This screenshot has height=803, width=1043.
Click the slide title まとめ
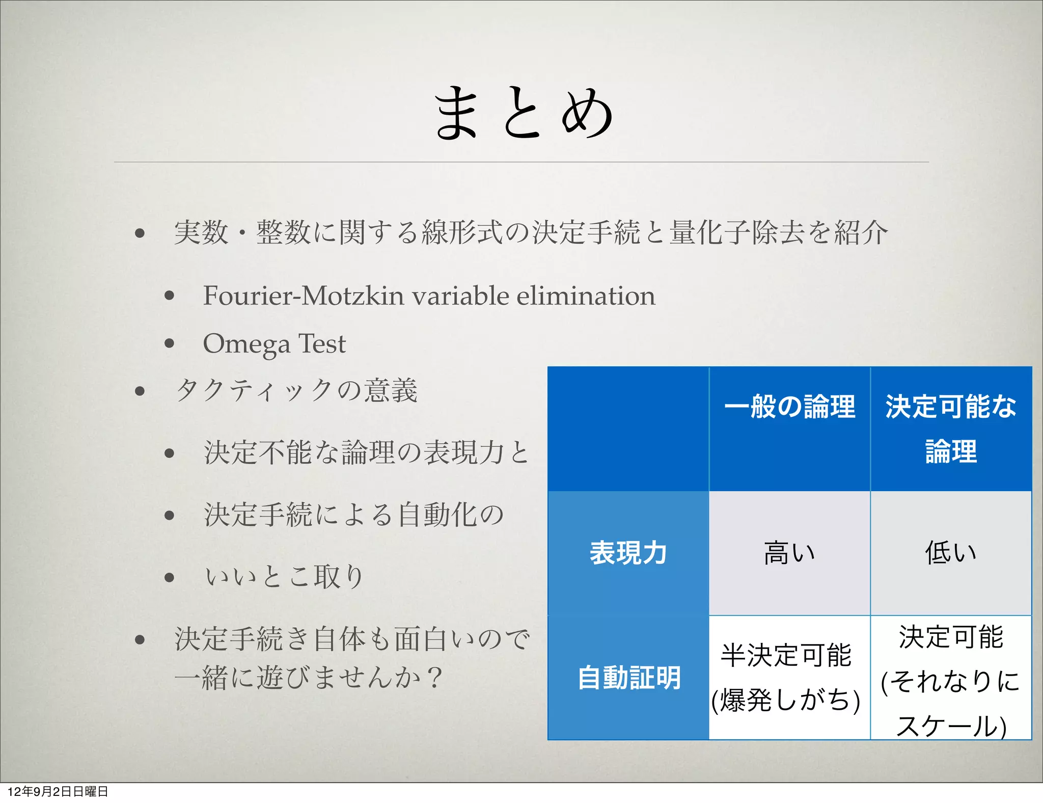(x=524, y=113)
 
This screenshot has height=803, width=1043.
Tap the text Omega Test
(x=274, y=344)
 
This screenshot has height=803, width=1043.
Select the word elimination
(x=586, y=296)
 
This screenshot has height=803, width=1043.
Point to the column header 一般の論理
(x=789, y=407)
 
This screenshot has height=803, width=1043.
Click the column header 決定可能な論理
(x=951, y=429)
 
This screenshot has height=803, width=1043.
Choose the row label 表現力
(x=628, y=553)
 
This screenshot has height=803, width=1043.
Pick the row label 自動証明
(x=629, y=678)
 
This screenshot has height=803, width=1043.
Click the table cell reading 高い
(x=789, y=553)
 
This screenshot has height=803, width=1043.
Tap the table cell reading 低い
(x=951, y=553)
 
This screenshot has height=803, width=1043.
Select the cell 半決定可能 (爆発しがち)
(x=786, y=678)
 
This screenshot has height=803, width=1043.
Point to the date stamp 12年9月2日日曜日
(x=58, y=791)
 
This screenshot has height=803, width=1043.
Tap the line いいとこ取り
(x=284, y=577)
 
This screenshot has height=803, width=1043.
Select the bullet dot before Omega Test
(x=170, y=343)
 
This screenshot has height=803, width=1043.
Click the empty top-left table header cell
(x=628, y=429)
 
